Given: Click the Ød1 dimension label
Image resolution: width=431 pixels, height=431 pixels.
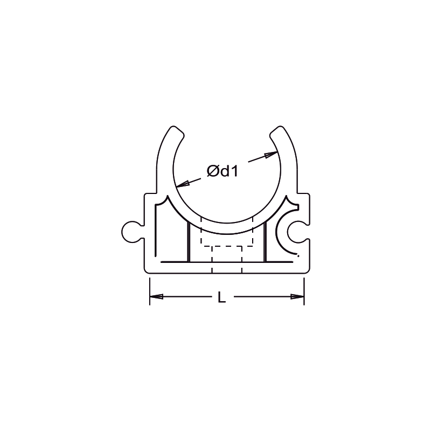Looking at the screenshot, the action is coord(222,171).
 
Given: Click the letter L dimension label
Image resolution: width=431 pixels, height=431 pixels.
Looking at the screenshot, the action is coord(221,297).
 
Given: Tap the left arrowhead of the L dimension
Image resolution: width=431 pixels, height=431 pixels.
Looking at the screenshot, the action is coord(156,297).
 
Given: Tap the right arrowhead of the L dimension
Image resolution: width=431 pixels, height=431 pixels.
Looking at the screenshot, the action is coord(297,297).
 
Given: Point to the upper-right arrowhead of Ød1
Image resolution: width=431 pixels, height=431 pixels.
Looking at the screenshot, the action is coord(271,155).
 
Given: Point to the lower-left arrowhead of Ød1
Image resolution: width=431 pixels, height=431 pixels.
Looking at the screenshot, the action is coord(183,184).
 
